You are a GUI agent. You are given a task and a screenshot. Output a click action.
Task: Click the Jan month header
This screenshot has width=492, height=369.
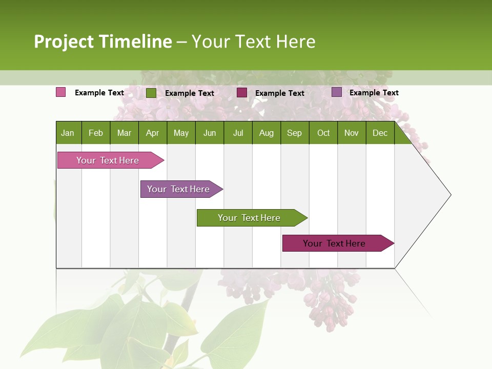[68, 133]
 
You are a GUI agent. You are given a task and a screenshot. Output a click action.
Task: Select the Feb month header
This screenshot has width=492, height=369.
[96, 133]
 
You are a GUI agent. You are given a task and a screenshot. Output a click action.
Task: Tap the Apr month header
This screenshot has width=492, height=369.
[152, 133]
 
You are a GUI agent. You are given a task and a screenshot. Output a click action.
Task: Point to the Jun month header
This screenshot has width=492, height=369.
[210, 133]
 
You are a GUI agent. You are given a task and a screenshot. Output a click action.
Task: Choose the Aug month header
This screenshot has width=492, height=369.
[266, 133]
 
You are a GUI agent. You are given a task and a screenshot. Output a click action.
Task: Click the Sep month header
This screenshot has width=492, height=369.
[294, 133]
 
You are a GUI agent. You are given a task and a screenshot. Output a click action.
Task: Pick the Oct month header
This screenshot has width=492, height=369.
[323, 133]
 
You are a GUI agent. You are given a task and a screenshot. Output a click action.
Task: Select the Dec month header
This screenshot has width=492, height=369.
[380, 133]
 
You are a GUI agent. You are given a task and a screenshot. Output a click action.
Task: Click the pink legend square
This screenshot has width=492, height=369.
[61, 92]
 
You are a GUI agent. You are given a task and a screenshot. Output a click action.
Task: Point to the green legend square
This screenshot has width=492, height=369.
[151, 93]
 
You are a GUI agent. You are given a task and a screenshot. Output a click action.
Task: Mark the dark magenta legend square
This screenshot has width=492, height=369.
[242, 93]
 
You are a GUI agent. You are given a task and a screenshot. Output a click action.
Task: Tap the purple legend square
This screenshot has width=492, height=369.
[337, 92]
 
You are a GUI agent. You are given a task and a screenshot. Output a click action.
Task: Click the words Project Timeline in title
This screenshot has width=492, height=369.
[103, 42]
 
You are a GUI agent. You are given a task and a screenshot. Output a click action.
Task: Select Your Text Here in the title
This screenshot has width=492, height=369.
[253, 42]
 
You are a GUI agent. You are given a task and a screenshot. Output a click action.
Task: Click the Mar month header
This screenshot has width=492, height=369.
[124, 133]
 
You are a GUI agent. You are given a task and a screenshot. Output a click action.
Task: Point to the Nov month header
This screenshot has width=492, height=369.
[352, 133]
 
